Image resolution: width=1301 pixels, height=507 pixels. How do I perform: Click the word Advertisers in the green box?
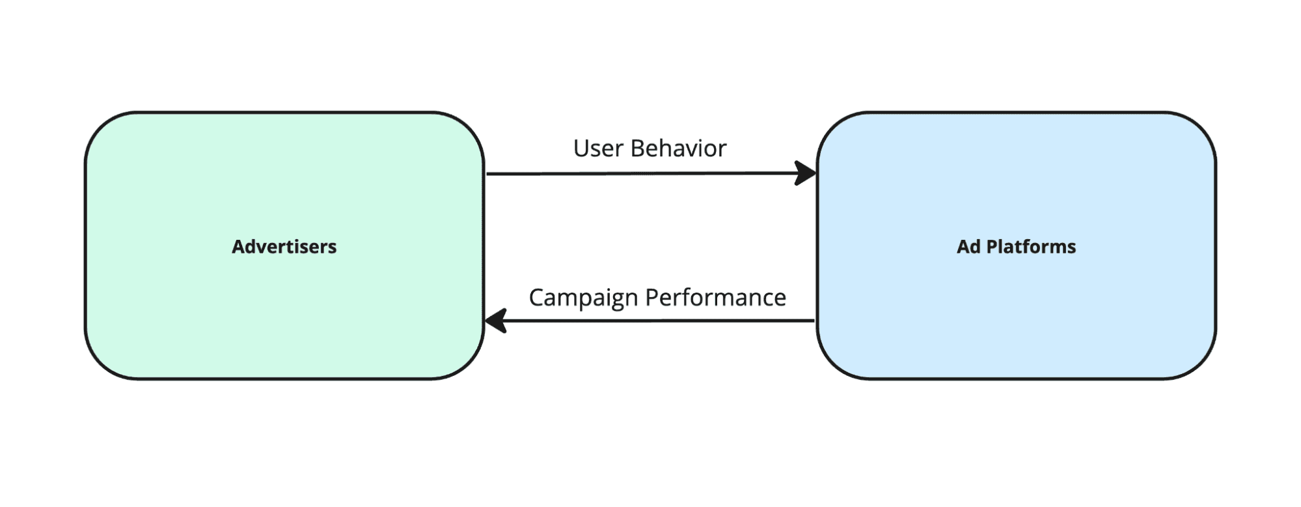284,247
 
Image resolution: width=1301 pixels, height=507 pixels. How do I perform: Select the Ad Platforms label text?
1016,247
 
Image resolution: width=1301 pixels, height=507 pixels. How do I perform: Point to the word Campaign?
583,298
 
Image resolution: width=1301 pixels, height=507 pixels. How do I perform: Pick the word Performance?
716,298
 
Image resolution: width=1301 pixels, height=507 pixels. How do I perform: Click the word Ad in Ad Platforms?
968,247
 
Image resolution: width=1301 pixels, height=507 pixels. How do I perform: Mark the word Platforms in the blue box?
1031,247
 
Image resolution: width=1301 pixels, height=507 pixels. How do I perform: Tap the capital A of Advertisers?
238,247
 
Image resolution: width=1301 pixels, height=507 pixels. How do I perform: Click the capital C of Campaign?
536,298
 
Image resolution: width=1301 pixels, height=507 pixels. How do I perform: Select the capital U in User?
581,149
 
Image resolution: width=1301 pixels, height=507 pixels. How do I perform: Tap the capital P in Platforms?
991,247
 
